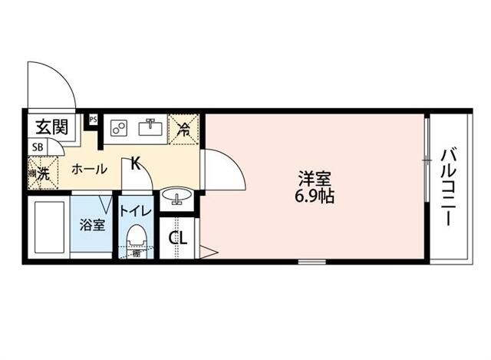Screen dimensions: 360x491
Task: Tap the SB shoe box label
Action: point(37,147)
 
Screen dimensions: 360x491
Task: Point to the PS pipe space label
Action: point(93,119)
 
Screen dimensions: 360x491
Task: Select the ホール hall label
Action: point(89,170)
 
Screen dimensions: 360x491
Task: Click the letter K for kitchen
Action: point(135,163)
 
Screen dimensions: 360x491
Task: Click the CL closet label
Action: point(178,237)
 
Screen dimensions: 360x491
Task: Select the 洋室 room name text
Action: point(315,179)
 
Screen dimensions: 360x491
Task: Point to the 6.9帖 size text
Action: point(315,196)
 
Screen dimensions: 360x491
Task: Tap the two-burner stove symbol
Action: point(118,129)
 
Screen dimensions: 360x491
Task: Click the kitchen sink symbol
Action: point(150,128)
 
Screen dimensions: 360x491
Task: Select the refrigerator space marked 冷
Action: point(183,128)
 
